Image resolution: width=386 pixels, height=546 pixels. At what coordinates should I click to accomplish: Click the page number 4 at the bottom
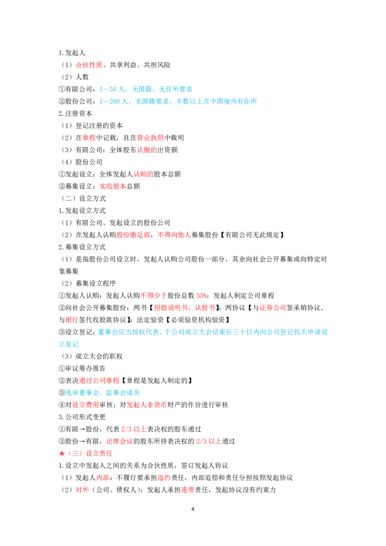(x=193, y=509)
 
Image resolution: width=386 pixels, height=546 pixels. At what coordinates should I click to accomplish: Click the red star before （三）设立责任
(x=62, y=453)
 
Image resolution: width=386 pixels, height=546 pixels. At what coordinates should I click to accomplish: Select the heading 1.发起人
(x=72, y=53)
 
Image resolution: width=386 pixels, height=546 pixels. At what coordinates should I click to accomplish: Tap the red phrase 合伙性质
(x=89, y=65)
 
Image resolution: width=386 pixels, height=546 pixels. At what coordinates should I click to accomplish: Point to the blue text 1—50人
(x=112, y=90)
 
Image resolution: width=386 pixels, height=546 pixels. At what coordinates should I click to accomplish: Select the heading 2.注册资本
(x=76, y=113)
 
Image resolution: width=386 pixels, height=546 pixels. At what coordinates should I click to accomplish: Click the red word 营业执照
(x=151, y=138)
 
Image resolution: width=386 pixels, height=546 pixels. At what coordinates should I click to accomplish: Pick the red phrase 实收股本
(x=113, y=187)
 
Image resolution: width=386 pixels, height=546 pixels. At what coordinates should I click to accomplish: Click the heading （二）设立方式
(x=83, y=199)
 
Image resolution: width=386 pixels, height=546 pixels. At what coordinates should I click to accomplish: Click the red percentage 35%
(x=201, y=296)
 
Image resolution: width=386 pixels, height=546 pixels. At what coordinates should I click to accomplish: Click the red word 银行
(x=72, y=320)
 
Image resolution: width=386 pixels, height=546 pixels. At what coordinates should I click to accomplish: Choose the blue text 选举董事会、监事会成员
(x=102, y=393)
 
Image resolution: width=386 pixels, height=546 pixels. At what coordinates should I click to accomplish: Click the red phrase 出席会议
(x=120, y=441)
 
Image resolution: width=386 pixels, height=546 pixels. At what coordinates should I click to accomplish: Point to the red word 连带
(x=188, y=490)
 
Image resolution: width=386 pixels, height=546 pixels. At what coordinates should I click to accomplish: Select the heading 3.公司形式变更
(x=82, y=417)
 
